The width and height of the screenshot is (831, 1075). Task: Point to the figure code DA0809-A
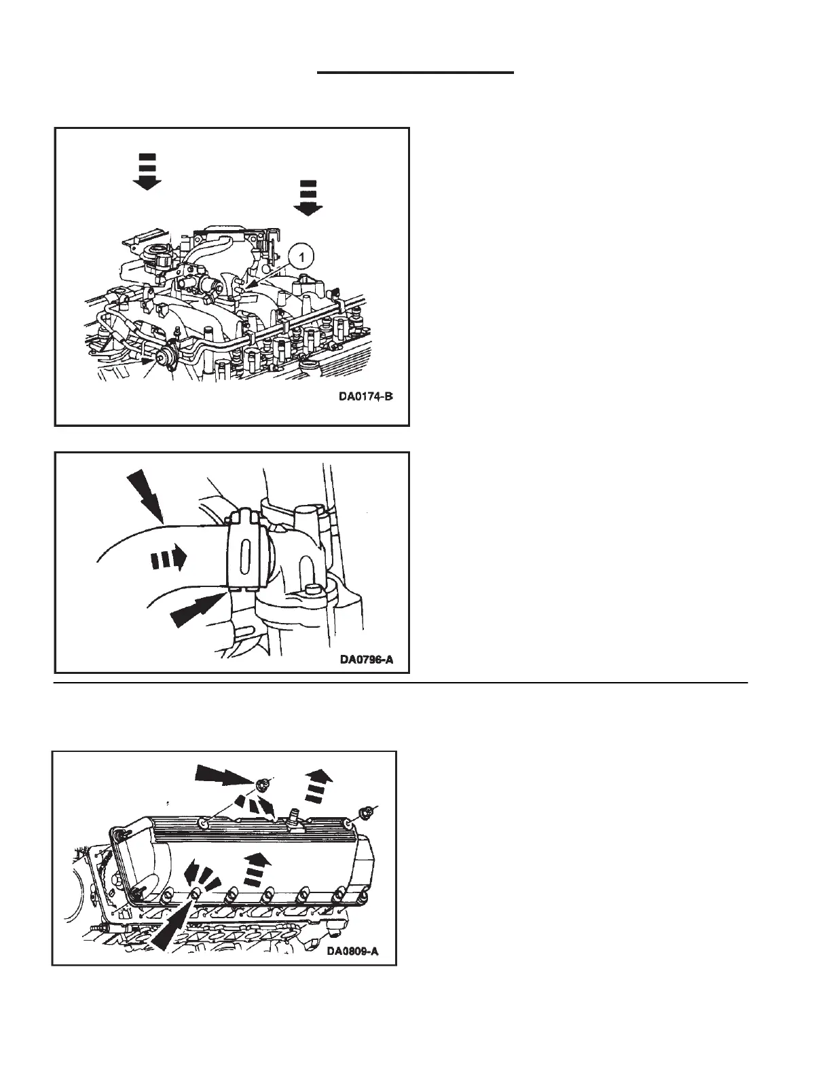pos(352,951)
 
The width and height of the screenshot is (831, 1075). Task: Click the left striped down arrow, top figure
pos(147,172)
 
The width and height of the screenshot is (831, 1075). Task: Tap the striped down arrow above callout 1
pos(309,198)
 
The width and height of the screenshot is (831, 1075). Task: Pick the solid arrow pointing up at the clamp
pos(198,607)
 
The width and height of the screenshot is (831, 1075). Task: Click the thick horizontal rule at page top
pos(415,71)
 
